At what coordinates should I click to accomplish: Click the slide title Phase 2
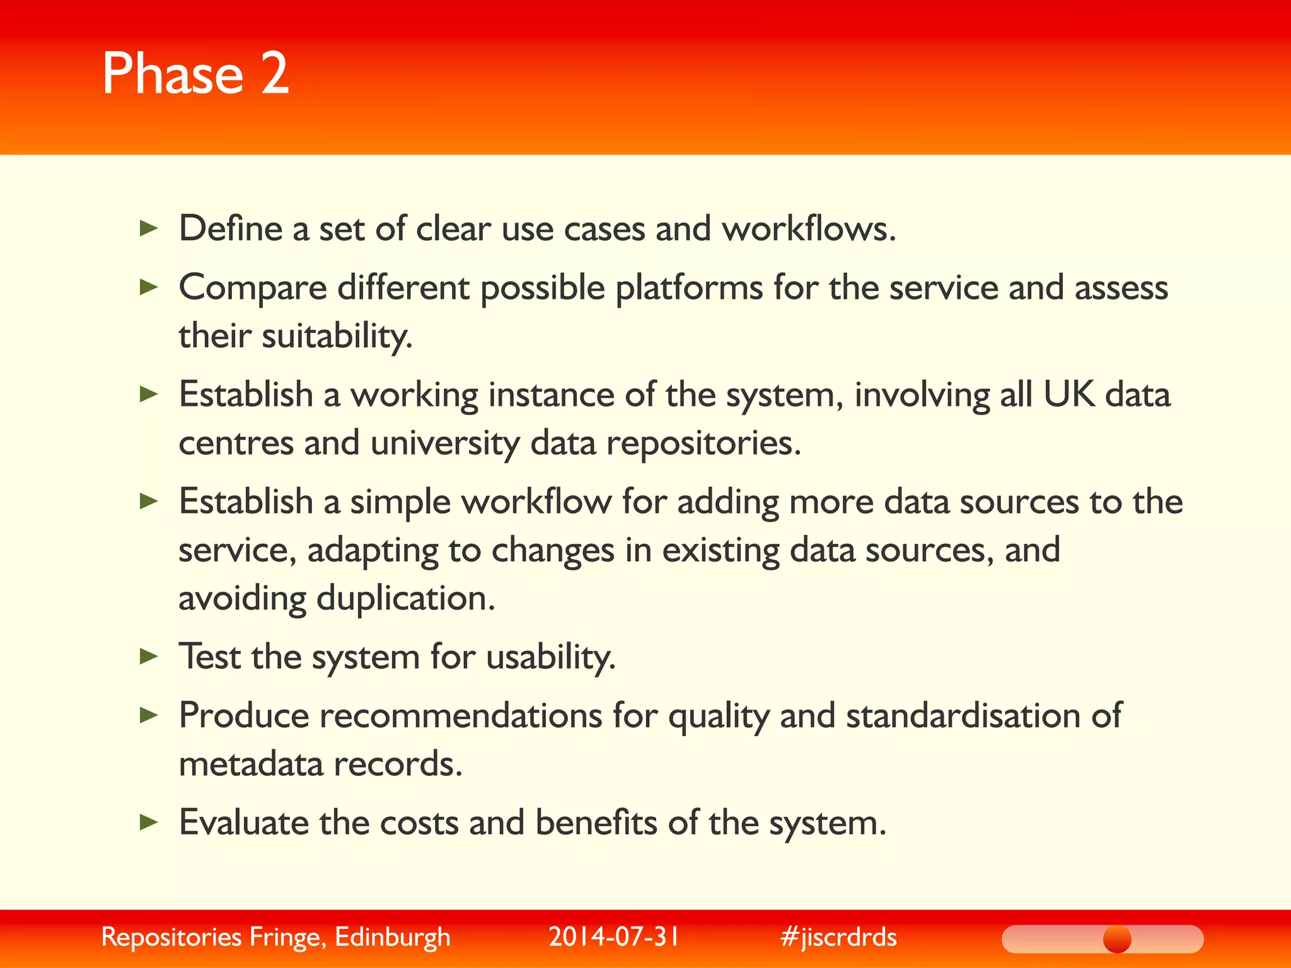coord(195,74)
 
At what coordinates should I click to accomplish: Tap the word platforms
coord(689,289)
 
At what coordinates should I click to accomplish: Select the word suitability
coord(337,336)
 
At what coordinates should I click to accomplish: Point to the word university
coord(445,444)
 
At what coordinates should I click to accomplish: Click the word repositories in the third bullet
coord(703,444)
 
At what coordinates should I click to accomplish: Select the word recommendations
coord(461,716)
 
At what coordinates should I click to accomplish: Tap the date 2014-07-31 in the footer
coord(614,937)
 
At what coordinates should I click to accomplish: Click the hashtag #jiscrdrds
coord(838,937)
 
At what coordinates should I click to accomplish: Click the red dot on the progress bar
coord(1117,939)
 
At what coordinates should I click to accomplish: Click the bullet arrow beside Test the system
coord(149,657)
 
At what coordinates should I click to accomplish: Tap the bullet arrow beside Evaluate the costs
coord(149,822)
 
